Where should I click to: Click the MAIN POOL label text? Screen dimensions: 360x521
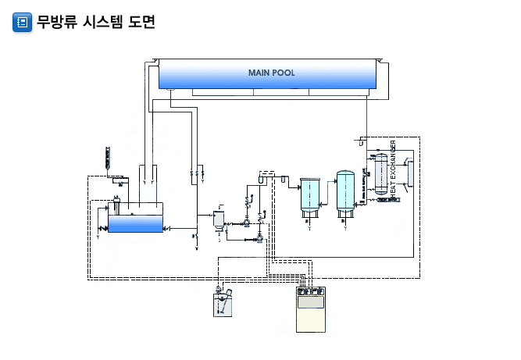point(271,73)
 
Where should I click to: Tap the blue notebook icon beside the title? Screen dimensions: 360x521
point(23,22)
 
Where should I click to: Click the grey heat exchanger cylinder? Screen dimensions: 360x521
point(381,173)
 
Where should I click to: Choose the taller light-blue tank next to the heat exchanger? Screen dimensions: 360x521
point(347,191)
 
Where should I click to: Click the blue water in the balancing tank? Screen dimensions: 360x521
point(134,223)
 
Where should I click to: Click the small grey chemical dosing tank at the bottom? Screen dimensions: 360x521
point(223,303)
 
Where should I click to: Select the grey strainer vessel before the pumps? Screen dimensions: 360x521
point(219,217)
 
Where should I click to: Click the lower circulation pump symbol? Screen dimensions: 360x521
point(257,239)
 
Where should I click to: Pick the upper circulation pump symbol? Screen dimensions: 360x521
point(247,223)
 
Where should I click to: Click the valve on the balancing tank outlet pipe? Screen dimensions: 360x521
point(194,233)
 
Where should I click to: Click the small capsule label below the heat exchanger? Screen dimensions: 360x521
point(388,200)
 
